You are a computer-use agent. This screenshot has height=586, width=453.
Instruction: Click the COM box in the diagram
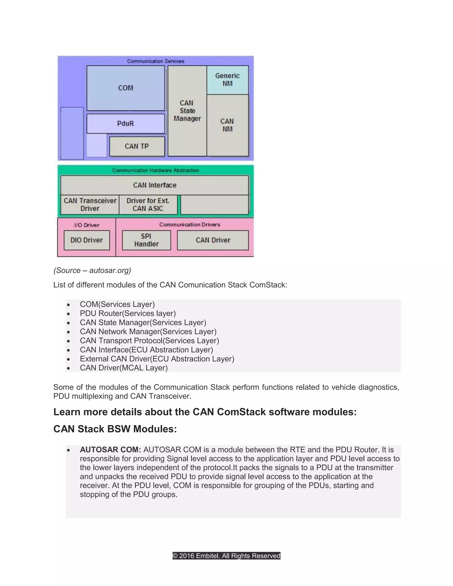126,88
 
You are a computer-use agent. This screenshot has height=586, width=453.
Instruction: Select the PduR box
126,123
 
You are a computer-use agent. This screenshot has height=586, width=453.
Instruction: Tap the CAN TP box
137,146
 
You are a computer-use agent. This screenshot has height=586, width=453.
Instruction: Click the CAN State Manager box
187,111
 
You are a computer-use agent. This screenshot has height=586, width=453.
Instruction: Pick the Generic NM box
227,80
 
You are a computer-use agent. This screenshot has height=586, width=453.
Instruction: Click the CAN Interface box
155,185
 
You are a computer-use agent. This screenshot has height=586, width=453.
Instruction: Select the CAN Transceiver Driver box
90,205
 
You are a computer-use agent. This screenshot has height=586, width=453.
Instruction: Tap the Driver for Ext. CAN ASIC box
148,205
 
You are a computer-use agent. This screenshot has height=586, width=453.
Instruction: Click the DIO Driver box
87,240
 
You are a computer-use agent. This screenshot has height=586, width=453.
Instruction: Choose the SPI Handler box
146,240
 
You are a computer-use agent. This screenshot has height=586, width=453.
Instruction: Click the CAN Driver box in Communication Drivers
213,240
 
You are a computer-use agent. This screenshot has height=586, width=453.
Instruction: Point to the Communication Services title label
156,61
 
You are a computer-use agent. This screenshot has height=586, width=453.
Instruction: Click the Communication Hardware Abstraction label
156,170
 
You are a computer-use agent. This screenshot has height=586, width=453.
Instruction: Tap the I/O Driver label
87,225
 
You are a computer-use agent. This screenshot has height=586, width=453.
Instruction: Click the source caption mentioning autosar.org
92,270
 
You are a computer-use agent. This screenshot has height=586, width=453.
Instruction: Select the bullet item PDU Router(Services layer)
128,313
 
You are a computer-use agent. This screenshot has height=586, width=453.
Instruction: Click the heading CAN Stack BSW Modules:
115,429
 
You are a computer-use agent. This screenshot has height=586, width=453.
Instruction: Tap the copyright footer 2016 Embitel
226,556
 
